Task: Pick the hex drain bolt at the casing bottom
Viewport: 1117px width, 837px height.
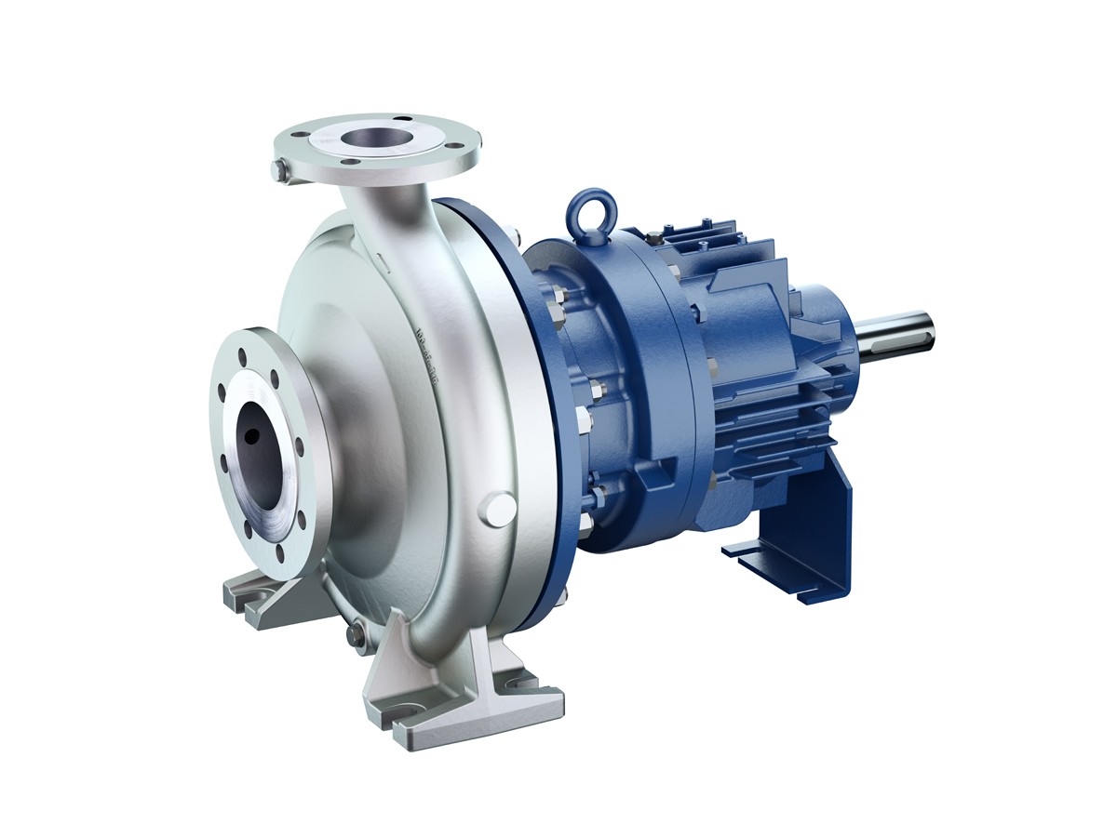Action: pos(356,635)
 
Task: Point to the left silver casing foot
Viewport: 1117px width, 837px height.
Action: pos(256,595)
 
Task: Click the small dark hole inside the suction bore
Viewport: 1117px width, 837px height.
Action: pos(251,435)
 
